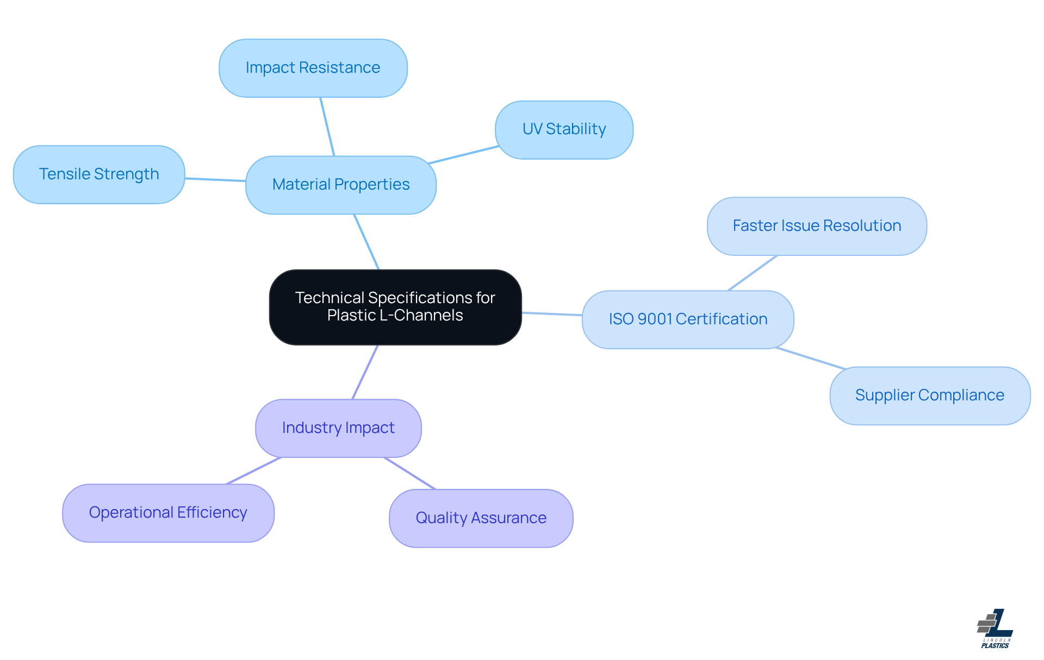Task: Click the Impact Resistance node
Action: pyautogui.click(x=313, y=68)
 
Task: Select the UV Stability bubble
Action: pyautogui.click(x=564, y=130)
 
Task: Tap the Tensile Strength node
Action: pyautogui.click(x=99, y=174)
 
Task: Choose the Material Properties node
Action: pyautogui.click(x=341, y=185)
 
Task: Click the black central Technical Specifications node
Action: pyautogui.click(x=395, y=307)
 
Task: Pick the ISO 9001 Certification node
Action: pyautogui.click(x=688, y=319)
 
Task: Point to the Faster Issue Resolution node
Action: pyautogui.click(x=817, y=226)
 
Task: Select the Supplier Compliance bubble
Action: pyautogui.click(x=929, y=395)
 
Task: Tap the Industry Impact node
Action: pyautogui.click(x=338, y=428)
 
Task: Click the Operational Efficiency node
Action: pyautogui.click(x=168, y=513)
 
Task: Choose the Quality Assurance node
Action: pyautogui.click(x=481, y=518)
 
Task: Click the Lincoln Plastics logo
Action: pyautogui.click(x=995, y=628)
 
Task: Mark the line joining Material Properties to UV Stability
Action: pyautogui.click(x=463, y=155)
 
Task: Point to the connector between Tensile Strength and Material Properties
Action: pyautogui.click(x=215, y=179)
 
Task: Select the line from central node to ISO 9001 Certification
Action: pyautogui.click(x=552, y=314)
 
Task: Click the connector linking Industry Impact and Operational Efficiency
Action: pyautogui.click(x=254, y=470)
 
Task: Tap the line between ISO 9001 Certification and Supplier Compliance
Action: pyautogui.click(x=810, y=359)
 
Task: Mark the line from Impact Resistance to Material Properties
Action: pyautogui.click(x=327, y=127)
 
